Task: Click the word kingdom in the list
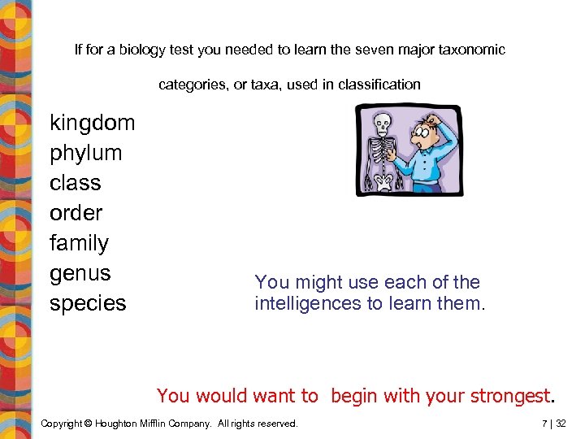pos(92,123)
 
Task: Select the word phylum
pos(85,153)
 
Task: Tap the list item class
pos(75,183)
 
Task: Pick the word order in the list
pos(76,213)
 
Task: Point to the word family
pos(79,243)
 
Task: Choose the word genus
pos(80,273)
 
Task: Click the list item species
pos(88,303)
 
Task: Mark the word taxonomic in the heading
pos(472,50)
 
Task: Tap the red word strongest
pos(509,396)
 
